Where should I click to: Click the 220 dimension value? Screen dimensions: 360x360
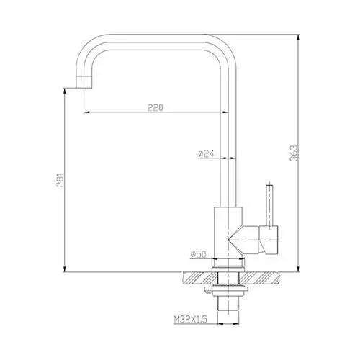pos(153,107)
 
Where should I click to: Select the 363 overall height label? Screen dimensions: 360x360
pos(294,153)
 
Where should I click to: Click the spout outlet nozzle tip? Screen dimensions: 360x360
pos(80,86)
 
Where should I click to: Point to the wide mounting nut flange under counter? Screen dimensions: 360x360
pos(230,290)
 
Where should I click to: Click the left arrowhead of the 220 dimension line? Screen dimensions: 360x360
pos(87,112)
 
